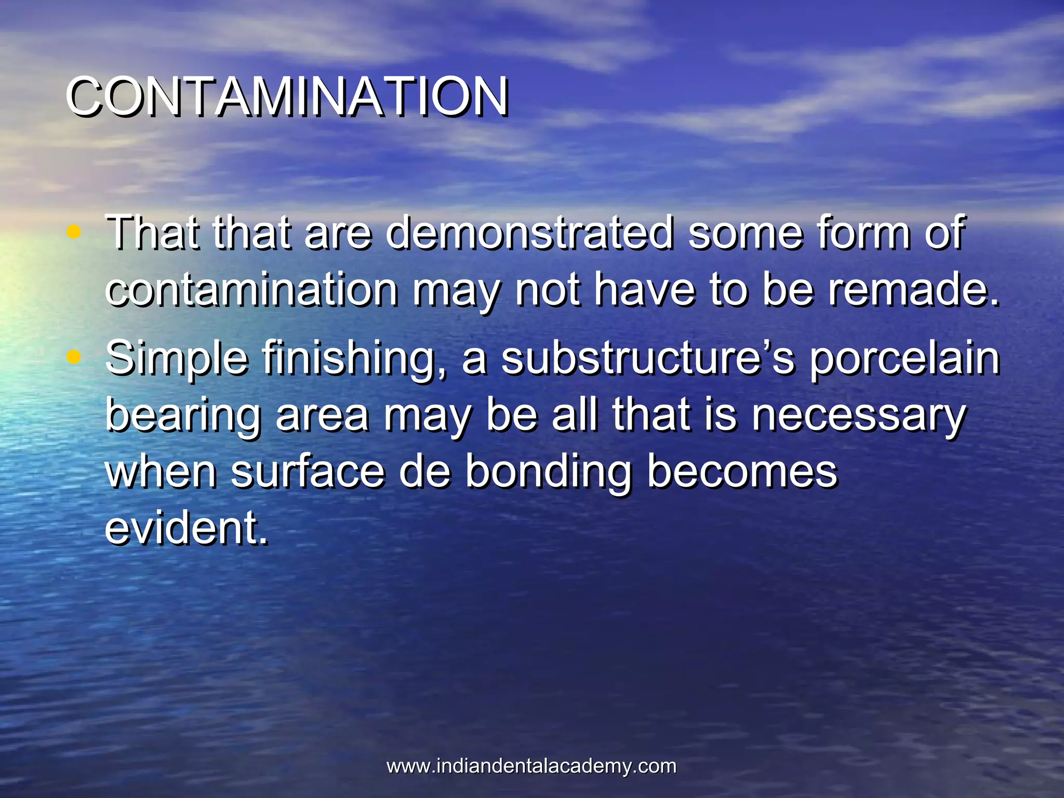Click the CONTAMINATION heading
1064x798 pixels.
tap(286, 97)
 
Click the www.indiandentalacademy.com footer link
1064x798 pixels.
tap(531, 766)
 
